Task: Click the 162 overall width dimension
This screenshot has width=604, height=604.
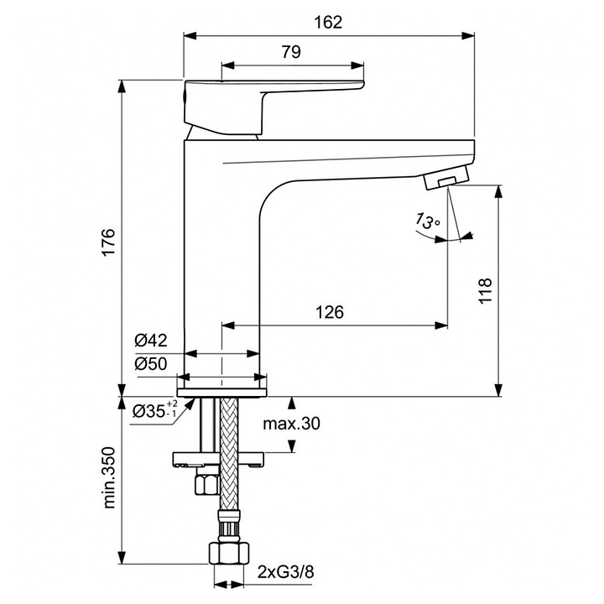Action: click(329, 23)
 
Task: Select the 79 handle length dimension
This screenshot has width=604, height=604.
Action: click(290, 52)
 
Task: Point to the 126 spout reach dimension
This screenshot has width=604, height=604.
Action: click(330, 312)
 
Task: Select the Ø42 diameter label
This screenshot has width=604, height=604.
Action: click(151, 341)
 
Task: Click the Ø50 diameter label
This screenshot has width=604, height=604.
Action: click(151, 365)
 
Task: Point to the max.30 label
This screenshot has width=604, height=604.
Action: click(291, 424)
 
